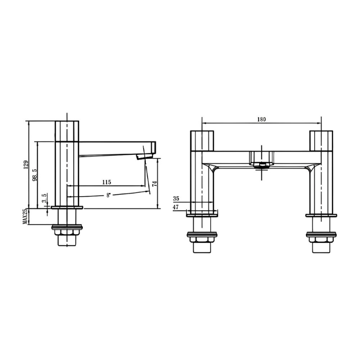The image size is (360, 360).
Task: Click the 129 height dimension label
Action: point(26,165)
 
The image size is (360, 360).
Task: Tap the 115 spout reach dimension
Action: point(107,182)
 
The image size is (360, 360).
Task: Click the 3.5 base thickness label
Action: point(44,198)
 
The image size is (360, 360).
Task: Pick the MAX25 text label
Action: point(26,216)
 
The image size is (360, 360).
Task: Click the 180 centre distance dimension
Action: point(261,119)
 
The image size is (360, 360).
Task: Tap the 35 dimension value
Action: point(175,198)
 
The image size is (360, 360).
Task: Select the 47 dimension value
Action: point(175,207)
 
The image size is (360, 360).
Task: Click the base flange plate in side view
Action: point(67,207)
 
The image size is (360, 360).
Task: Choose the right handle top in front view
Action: point(320,140)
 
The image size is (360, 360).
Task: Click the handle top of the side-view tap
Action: point(67,130)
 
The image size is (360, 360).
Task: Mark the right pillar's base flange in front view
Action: point(320,215)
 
